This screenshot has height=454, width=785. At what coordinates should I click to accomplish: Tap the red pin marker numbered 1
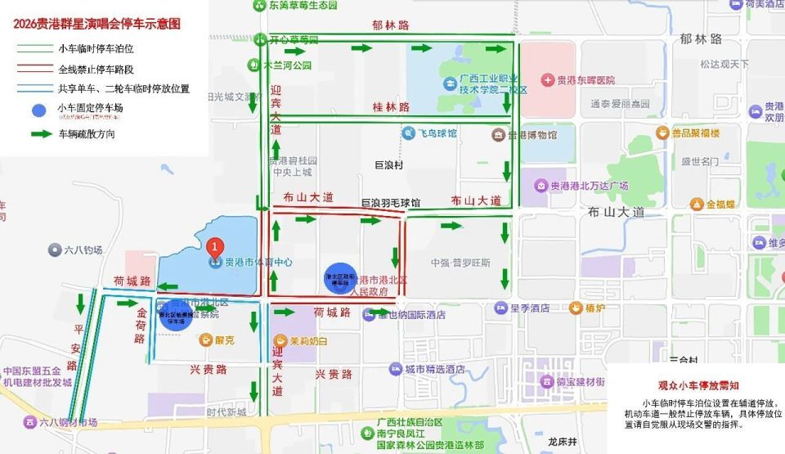pyautogui.click(x=214, y=245)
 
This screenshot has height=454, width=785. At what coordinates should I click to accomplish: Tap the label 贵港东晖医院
pyautogui.click(x=585, y=80)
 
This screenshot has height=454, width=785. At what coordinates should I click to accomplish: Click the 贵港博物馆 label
pyautogui.click(x=531, y=135)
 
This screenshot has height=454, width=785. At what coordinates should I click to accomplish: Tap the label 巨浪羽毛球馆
pyautogui.click(x=391, y=202)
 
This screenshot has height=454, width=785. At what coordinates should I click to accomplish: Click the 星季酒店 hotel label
pyautogui.click(x=527, y=308)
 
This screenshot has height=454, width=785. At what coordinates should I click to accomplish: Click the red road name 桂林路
pyautogui.click(x=390, y=107)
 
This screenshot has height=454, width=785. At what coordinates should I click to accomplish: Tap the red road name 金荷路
pyautogui.click(x=140, y=326)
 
